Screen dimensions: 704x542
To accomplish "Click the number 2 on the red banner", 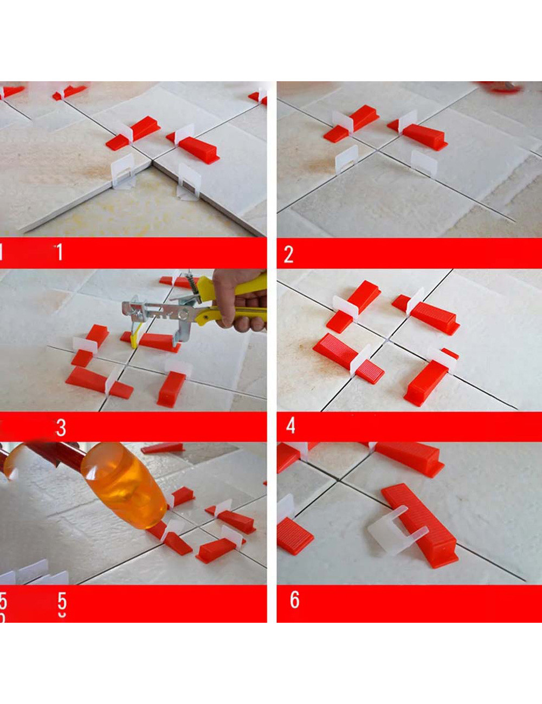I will coord(288,254).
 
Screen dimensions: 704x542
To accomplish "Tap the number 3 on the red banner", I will coord(61,428).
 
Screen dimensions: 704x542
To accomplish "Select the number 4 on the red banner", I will coord(291,426).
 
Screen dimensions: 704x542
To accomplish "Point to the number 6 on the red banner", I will coord(294,599).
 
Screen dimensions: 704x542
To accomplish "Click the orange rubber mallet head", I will coord(125,484).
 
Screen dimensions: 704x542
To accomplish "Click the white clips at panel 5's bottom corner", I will coord(33,573).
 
